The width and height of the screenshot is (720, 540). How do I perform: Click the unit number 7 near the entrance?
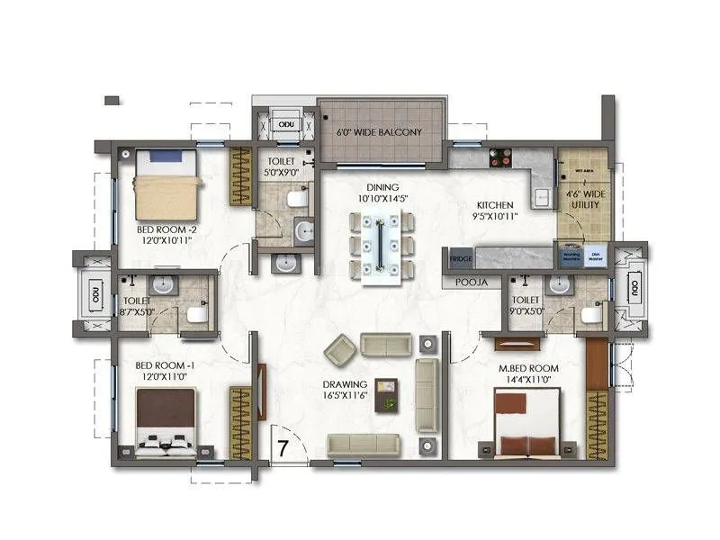point(282,447)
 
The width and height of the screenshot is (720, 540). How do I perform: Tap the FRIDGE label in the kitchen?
point(460,258)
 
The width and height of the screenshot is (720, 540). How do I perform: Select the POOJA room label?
point(472,282)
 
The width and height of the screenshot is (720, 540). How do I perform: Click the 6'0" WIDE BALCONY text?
point(379,132)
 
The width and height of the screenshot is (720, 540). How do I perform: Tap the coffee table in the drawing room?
point(389,394)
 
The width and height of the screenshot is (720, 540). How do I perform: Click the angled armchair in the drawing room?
point(340,347)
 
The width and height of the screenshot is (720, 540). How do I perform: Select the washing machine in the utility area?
point(571,255)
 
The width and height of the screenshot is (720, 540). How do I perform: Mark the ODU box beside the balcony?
point(286,124)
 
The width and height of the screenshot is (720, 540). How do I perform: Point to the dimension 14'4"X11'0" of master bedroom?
point(529,379)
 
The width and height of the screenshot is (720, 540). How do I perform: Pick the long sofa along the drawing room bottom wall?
point(364,442)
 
